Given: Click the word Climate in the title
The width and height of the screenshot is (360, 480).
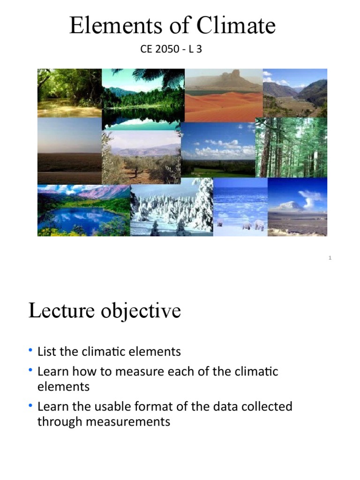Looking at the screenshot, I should [x=236, y=26].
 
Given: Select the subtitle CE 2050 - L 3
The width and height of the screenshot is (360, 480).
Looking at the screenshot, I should [x=171, y=49].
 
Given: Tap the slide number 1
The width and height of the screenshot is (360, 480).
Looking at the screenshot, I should [x=330, y=258].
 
